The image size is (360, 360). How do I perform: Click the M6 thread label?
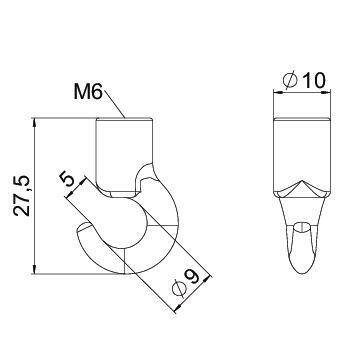coord(88,92)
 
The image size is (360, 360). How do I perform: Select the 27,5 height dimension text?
coord(23,196)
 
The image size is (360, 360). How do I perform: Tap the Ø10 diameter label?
coord(303,80)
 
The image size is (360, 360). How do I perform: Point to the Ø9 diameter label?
coord(185,282)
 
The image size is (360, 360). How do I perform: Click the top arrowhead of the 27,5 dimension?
coord(35,123)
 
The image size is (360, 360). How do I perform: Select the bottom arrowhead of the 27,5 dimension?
coord(35,269)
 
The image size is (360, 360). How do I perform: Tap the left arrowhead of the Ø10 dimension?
coord(278,92)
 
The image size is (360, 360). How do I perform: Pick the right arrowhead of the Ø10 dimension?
coord(326,92)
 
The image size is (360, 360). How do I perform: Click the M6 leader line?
coord(114,104)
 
